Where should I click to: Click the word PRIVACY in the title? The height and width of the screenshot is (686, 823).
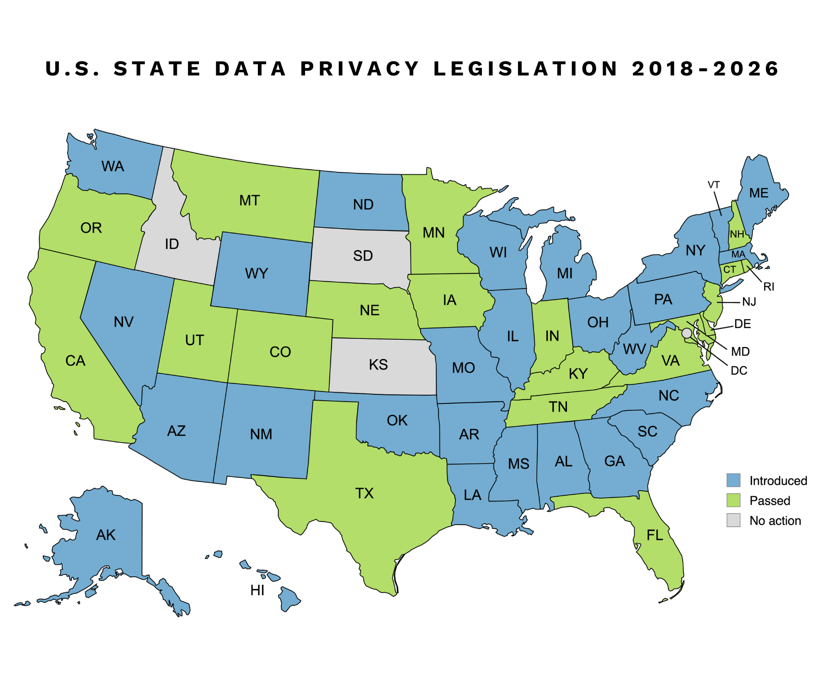coord(360,69)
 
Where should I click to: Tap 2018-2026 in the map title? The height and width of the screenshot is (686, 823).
coord(705,69)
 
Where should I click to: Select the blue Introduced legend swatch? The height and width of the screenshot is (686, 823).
coord(733,480)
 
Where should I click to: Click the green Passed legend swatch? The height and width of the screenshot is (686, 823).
coord(733,500)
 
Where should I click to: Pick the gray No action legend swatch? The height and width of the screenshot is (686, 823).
coord(733,520)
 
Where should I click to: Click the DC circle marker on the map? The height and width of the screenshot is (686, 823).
coord(687,333)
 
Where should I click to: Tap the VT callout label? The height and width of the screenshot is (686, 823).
coord(714,185)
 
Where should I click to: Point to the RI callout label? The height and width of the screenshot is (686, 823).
coord(769,287)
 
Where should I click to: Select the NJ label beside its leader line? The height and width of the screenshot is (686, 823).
coord(749,302)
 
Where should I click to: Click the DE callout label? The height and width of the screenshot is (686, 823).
coord(743,324)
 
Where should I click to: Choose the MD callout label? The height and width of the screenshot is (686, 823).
coord(740,351)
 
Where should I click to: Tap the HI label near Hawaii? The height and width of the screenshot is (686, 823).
coord(257,590)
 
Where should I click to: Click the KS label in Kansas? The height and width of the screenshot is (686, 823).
coord(378,364)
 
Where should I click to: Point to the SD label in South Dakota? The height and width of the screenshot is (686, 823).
coord(363,256)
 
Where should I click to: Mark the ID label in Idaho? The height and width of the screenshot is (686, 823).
coord(172,244)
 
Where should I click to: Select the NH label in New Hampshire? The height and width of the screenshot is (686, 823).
coord(737,235)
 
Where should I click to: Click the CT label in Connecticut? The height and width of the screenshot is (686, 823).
coord(729,269)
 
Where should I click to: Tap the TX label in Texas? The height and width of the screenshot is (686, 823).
coord(364,493)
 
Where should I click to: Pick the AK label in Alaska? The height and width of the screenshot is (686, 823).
coord(106,535)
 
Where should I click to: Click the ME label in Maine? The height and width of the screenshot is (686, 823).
coord(759,193)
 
